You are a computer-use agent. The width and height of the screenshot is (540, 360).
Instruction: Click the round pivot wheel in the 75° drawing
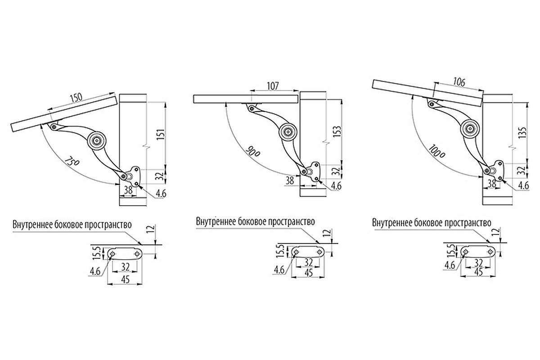[97, 140]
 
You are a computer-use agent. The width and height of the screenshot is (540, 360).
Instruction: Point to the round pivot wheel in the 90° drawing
[288, 132]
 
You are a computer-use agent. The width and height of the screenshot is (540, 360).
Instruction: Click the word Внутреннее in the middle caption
[216, 222]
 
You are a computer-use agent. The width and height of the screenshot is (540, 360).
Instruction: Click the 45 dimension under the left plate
[126, 279]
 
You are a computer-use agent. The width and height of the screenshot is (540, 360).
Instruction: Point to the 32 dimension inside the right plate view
[478, 262]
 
